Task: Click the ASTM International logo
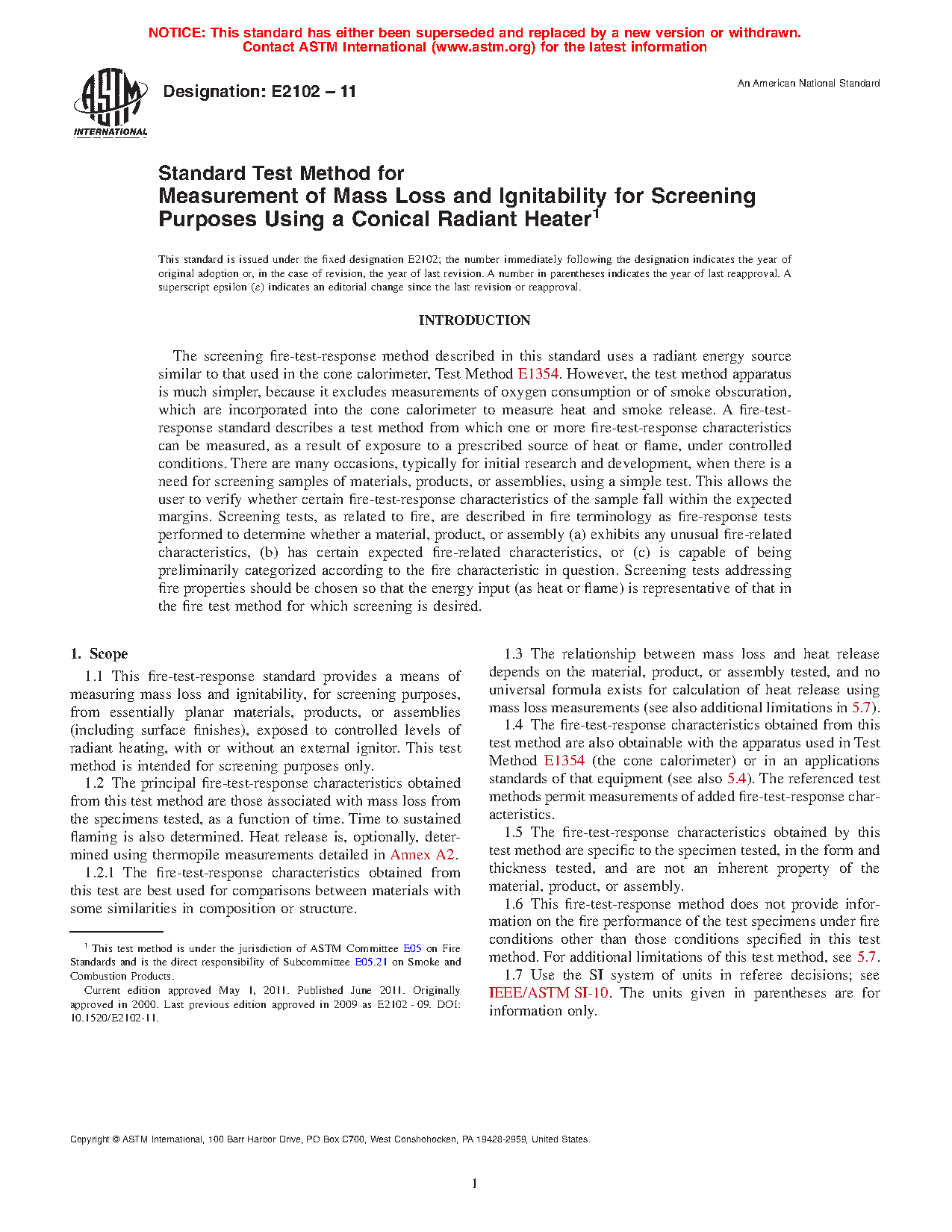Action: [111, 103]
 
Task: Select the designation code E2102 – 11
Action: [314, 92]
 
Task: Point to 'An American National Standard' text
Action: [809, 84]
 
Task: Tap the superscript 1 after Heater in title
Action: [596, 214]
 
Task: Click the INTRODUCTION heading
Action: [474, 320]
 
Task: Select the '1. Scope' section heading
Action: [99, 654]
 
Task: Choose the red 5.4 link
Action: [736, 779]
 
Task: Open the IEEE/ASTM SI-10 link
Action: [549, 993]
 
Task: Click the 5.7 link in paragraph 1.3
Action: [861, 708]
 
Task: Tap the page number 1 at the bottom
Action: [475, 1184]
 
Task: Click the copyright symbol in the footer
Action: [116, 1140]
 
